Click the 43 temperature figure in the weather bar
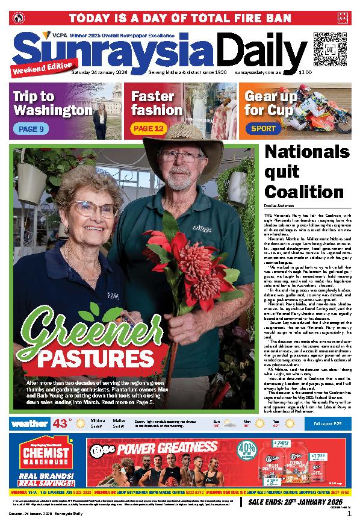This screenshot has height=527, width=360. pyautogui.click(x=61, y=423)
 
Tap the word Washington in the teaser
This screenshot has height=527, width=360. pyautogui.click(x=52, y=111)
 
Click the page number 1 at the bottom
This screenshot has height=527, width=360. pyautogui.click(x=349, y=514)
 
